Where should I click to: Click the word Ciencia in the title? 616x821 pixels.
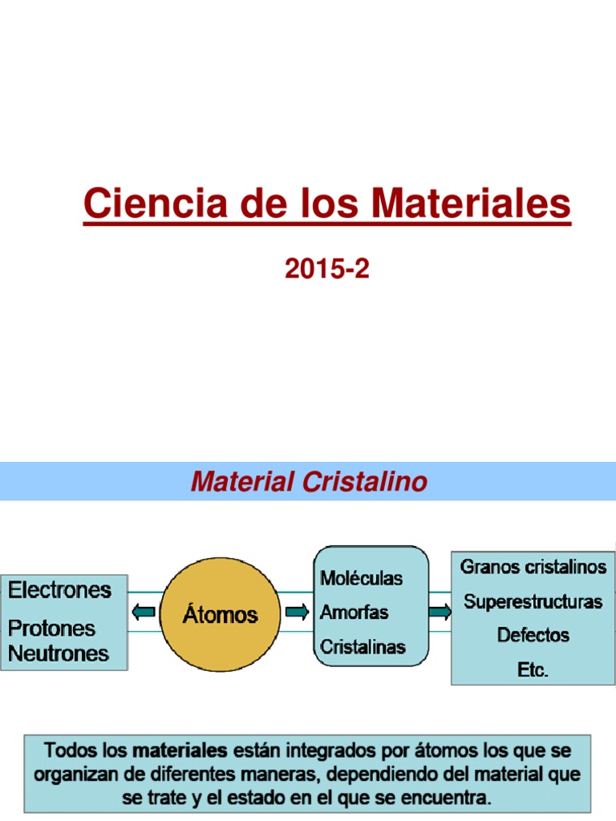156,203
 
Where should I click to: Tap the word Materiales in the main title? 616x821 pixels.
471,203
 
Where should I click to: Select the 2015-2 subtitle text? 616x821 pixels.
327,269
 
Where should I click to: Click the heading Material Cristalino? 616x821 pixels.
309,481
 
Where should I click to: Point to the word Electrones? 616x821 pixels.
59,590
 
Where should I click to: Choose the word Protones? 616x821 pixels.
51,629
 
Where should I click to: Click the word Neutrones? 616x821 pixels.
58,653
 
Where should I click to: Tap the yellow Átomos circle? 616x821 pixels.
220,614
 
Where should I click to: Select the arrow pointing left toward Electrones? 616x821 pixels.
143,612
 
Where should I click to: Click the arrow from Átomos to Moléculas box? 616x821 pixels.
297,612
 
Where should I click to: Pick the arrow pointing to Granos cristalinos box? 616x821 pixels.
440,612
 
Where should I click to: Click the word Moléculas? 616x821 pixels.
362,578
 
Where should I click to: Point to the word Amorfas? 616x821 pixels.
354,612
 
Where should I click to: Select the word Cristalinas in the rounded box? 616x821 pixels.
363,647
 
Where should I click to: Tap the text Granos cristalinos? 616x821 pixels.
533,567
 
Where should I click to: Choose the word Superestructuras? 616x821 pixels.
533,601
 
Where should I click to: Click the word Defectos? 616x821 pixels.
533,635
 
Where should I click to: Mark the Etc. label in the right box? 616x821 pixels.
533,669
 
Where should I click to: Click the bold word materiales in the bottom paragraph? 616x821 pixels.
180,750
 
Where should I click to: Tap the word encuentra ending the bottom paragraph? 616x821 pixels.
446,799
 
